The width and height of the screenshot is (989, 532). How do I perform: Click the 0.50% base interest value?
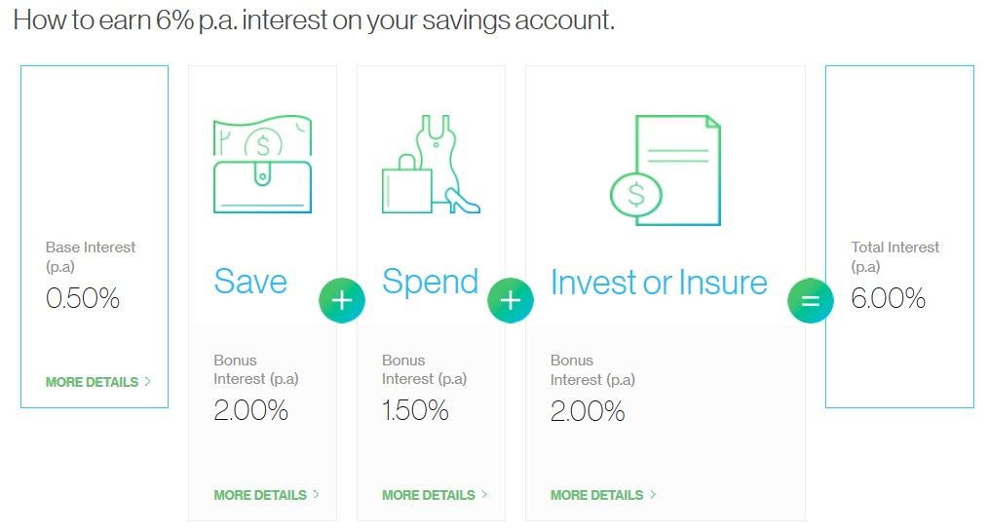coord(83,298)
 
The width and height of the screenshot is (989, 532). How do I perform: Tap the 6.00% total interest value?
coord(888,298)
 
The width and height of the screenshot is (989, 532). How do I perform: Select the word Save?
coord(250,282)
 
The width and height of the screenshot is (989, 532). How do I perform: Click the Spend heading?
coord(430,282)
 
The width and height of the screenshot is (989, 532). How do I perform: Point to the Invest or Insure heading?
coord(659,283)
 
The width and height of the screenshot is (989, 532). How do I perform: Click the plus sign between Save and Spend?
coord(342,300)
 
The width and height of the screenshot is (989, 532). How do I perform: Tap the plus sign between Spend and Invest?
coord(511,300)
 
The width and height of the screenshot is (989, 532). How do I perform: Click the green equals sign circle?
coord(811,300)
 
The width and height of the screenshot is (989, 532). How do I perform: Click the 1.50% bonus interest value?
coord(415,411)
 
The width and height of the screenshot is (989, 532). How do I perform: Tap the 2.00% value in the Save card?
coord(251,411)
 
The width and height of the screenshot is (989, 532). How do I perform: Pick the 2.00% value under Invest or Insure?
coord(588,411)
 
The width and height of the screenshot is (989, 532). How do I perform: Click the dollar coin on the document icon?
coord(635,195)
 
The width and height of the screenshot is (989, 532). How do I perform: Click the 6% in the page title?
coord(174,20)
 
